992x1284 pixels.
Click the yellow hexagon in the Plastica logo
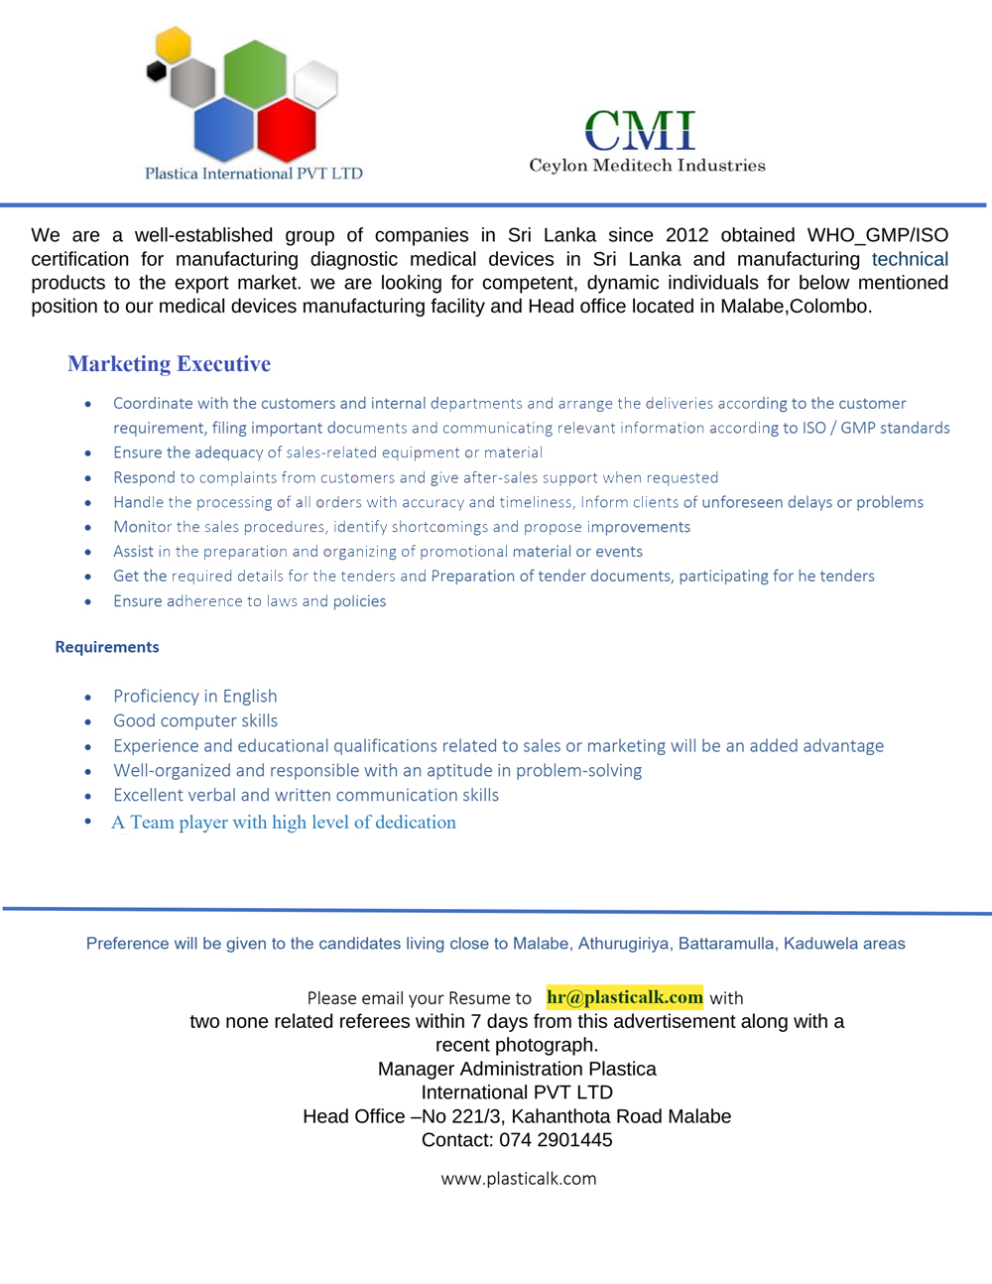click(x=173, y=44)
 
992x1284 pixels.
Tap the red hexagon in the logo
click(x=286, y=130)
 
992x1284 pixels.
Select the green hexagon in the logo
click(x=255, y=72)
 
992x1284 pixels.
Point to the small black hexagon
click(x=156, y=71)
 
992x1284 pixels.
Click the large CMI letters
click(x=640, y=130)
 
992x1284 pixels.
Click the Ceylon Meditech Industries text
click(x=647, y=166)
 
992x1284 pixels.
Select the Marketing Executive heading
click(x=169, y=364)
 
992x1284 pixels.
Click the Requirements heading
click(x=107, y=647)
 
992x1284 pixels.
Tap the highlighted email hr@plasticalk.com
click(x=625, y=997)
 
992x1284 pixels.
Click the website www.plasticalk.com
click(x=519, y=1179)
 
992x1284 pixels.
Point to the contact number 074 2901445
click(x=556, y=1140)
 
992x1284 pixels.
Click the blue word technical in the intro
click(x=910, y=259)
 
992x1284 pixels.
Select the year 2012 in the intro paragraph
click(x=686, y=235)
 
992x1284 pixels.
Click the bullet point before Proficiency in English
click(x=88, y=698)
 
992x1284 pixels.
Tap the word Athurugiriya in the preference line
click(x=624, y=944)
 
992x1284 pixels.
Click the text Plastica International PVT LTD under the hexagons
click(x=254, y=174)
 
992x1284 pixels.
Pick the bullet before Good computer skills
click(x=88, y=722)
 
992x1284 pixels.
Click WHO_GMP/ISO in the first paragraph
click(x=877, y=235)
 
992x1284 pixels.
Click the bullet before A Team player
click(x=88, y=822)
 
